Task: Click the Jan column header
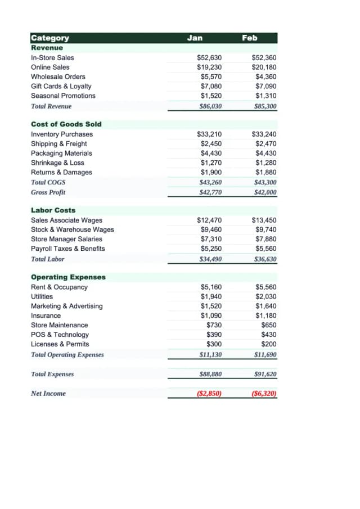[195, 38]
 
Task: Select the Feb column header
[249, 38]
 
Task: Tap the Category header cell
[50, 38]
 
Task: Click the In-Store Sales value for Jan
[209, 58]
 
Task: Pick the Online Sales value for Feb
[264, 67]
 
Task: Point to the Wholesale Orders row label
[58, 77]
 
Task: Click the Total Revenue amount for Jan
[210, 106]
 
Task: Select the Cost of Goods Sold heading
[66, 124]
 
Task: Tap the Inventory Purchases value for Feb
[264, 134]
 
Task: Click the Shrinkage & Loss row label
[57, 163]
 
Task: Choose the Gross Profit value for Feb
[265, 192]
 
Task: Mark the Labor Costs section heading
[53, 210]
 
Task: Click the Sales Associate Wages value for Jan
[209, 220]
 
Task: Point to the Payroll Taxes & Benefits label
[67, 249]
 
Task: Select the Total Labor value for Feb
[265, 259]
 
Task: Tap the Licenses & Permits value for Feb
[269, 344]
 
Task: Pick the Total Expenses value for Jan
[210, 374]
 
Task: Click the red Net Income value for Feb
[264, 394]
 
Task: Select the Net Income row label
[48, 394]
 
